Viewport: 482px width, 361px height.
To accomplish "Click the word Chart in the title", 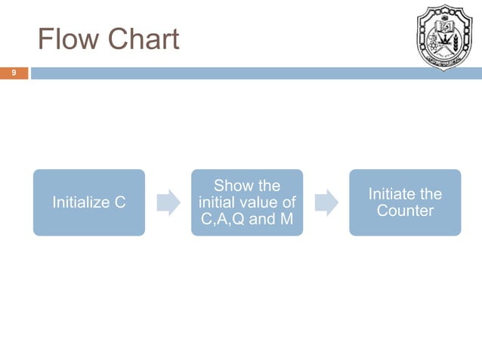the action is (x=142, y=39).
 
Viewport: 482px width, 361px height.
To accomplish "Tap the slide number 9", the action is (x=13, y=73).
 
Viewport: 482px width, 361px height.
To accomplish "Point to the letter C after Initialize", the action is (x=119, y=202).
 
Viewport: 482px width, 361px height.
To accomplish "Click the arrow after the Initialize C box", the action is (x=169, y=202).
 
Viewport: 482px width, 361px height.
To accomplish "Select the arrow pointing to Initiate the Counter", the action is (x=326, y=202).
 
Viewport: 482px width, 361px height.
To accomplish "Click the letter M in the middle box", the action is (x=288, y=219).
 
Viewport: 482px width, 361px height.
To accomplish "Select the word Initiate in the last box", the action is (x=391, y=194).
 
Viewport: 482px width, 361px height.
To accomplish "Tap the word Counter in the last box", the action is (x=405, y=211).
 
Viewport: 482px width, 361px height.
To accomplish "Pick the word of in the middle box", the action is (x=288, y=202).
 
